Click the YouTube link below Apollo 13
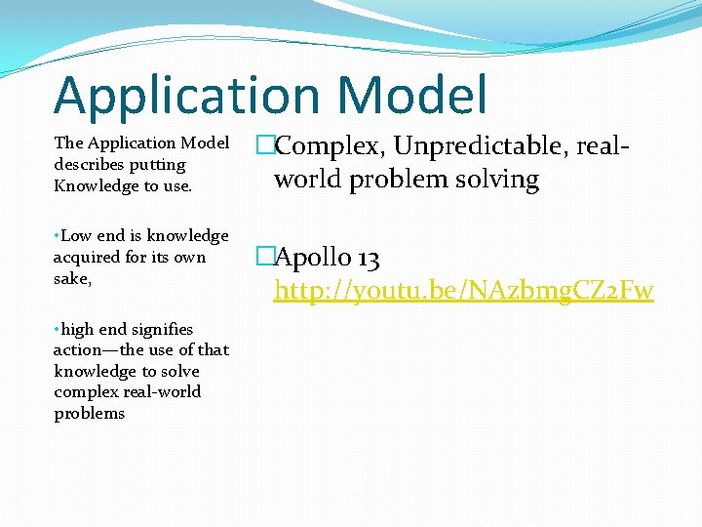(463, 291)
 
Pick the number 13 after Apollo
(369, 259)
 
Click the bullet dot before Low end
(57, 236)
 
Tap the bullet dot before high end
(57, 330)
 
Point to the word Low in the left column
(76, 235)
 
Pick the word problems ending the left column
(90, 413)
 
